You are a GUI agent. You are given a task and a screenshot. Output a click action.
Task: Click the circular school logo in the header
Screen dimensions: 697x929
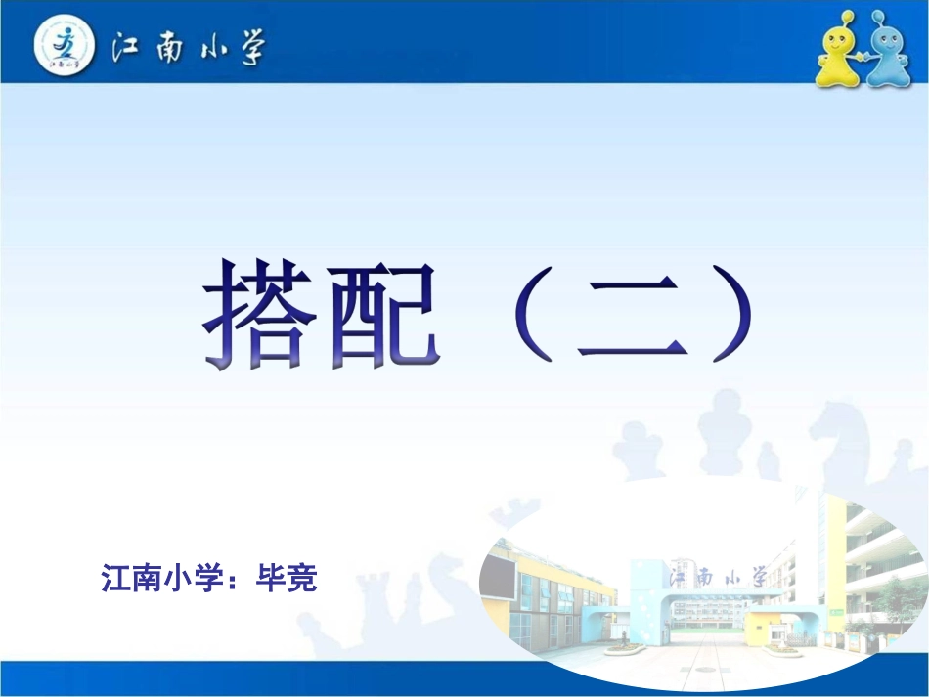[66, 45]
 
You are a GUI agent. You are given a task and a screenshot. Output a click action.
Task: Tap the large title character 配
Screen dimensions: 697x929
[382, 315]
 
